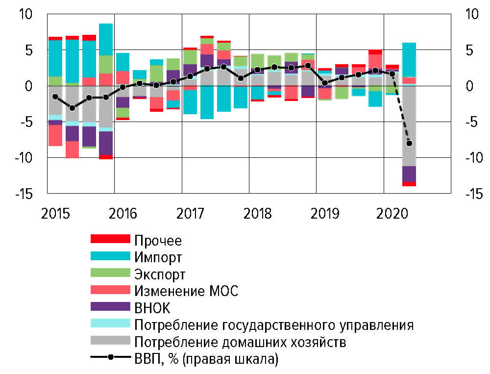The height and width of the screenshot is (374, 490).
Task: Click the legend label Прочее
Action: click(x=158, y=241)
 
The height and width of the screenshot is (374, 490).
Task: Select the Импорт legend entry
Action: click(x=158, y=257)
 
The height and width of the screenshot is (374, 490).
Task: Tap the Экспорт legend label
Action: click(x=160, y=274)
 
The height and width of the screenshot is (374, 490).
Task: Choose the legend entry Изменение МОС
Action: click(x=186, y=291)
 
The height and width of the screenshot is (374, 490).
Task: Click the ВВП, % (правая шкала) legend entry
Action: click(x=206, y=359)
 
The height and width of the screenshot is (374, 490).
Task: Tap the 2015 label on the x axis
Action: click(x=55, y=214)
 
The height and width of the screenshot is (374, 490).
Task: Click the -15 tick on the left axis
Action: click(x=24, y=194)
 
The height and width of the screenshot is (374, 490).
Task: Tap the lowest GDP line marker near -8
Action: click(x=409, y=143)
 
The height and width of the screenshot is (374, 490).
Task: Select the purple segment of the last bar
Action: click(x=409, y=174)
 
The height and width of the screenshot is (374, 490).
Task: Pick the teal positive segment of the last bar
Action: click(x=409, y=59)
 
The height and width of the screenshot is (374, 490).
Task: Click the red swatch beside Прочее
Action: click(x=110, y=239)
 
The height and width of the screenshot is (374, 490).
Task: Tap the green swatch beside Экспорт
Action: click(x=110, y=273)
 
